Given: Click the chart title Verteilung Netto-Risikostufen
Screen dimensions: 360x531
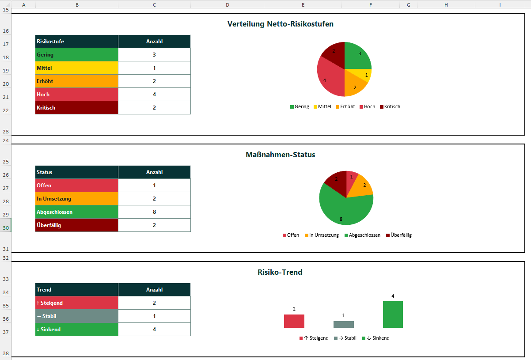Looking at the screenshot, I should pyautogui.click(x=280, y=24).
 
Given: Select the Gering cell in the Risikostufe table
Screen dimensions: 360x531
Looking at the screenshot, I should pyautogui.click(x=76, y=55).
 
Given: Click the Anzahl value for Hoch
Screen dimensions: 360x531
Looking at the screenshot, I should pyautogui.click(x=154, y=95).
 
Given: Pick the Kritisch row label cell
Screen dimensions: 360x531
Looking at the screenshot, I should pyautogui.click(x=76, y=108).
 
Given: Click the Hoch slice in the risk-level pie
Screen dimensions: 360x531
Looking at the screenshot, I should pyautogui.click(x=329, y=80).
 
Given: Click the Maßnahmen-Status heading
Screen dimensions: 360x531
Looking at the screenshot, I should pyautogui.click(x=280, y=155).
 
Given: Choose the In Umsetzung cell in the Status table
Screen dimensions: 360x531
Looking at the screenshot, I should pyautogui.click(x=76, y=199).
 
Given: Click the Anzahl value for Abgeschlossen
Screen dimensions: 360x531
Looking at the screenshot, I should pyautogui.click(x=154, y=212).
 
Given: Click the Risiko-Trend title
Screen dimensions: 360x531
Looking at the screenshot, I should pyautogui.click(x=280, y=272).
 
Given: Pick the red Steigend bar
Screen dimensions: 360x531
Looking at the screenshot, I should pyautogui.click(x=294, y=321).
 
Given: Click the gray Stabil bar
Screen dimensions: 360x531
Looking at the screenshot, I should pyautogui.click(x=344, y=324).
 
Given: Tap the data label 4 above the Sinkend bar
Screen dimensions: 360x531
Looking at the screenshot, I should pyautogui.click(x=393, y=296).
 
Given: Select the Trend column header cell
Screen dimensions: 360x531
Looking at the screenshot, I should pyautogui.click(x=76, y=290).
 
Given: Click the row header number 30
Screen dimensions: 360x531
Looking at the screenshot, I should pyautogui.click(x=5, y=228).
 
